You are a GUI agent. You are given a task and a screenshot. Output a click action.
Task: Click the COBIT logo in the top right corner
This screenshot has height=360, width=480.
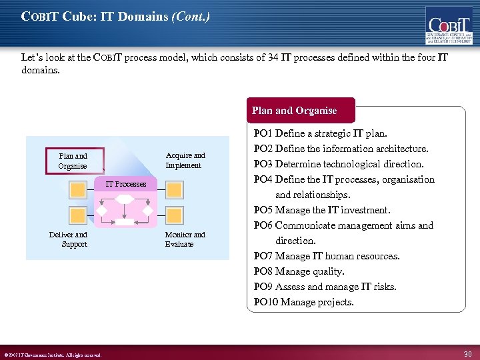coord(449,25)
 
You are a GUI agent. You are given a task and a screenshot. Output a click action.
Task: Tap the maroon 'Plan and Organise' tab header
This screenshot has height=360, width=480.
coord(294,111)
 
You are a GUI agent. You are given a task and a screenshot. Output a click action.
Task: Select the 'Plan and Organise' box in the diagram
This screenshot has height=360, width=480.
coord(73,161)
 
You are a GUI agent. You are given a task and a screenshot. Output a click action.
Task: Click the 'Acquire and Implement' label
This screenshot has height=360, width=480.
coord(185,161)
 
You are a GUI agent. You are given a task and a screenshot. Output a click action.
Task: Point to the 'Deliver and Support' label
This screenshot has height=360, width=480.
coord(68,239)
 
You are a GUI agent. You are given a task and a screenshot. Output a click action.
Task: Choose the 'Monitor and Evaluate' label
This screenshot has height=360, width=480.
coord(185,239)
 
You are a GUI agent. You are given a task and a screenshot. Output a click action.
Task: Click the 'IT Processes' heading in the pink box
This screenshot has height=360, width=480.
coord(126,183)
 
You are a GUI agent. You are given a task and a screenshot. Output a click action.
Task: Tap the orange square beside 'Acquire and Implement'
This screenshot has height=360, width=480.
coord(174,190)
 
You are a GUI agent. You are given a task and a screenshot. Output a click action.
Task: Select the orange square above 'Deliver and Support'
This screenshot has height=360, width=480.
coord(78,215)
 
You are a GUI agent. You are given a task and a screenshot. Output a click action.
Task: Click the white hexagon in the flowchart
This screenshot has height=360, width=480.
coord(125,199)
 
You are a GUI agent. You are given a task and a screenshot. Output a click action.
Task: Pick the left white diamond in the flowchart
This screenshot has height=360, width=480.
coord(103,211)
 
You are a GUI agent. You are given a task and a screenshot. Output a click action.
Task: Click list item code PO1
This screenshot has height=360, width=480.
coord(263,134)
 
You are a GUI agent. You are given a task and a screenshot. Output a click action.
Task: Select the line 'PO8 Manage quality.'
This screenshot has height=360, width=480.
coord(299,271)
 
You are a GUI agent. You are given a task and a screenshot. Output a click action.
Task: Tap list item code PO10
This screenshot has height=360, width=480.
coord(265,302)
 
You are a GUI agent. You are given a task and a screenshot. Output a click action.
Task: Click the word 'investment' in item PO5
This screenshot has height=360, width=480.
coord(365,210)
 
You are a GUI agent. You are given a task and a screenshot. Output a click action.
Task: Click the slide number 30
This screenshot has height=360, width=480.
coord(467,353)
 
